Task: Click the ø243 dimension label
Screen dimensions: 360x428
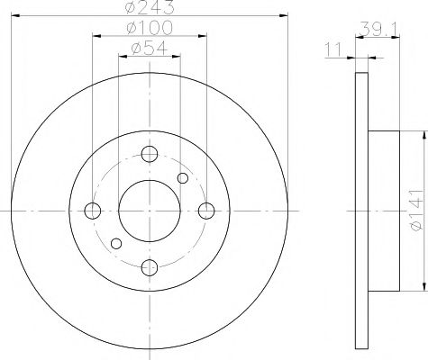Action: (150, 9)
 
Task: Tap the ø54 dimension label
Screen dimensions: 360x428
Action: (150, 50)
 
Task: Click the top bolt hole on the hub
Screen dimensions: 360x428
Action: (150, 153)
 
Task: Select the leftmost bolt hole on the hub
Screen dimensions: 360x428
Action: (93, 211)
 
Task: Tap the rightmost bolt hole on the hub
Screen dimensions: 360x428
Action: (206, 211)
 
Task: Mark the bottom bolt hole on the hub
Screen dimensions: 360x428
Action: (150, 267)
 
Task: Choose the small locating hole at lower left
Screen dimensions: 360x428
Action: (115, 243)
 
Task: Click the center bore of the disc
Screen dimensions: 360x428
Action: (150, 211)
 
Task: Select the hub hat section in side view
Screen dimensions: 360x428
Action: (384, 211)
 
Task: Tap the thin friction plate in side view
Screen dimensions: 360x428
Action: (364, 211)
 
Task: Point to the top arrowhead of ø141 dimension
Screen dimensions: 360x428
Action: (419, 136)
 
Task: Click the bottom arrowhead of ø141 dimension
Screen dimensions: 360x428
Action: (419, 286)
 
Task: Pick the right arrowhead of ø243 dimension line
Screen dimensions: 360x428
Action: (285, 15)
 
